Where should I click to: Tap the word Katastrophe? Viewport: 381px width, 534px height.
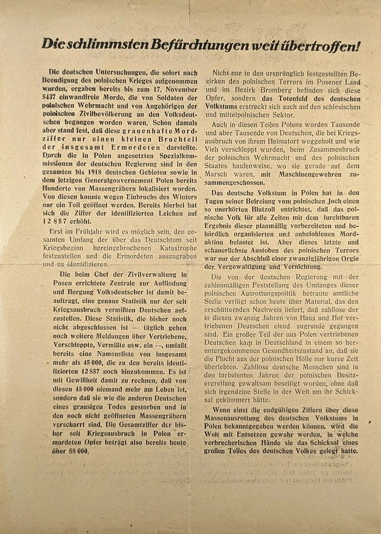(179, 248)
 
